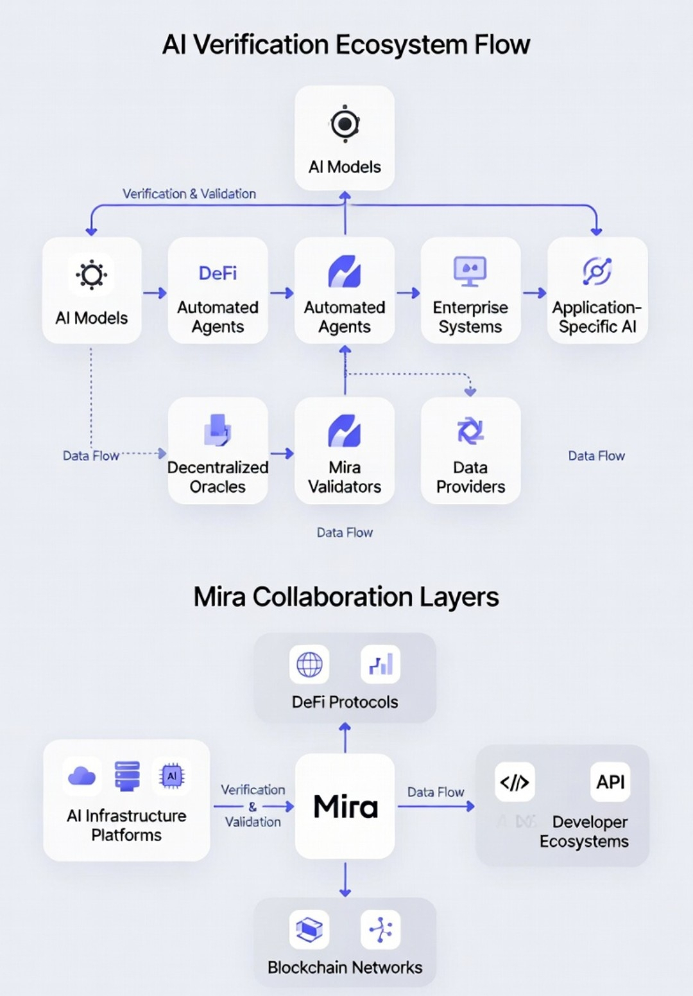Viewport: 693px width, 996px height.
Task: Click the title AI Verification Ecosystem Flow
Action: coord(346,45)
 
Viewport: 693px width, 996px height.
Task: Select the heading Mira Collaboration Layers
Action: coord(346,597)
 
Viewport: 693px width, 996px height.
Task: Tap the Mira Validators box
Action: coord(345,450)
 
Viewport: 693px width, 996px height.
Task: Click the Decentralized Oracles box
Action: coord(218,450)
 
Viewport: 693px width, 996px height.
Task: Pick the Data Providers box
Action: coord(470,450)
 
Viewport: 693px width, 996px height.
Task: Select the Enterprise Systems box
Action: coord(470,290)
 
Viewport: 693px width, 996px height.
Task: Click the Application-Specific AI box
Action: coord(597,290)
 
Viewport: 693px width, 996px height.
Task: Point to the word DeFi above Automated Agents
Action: coord(218,274)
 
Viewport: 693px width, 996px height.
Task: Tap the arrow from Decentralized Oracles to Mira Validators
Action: coord(282,453)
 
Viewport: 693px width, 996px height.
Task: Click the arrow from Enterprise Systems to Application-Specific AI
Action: coord(535,293)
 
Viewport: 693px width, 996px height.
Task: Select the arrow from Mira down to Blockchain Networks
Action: coord(345,879)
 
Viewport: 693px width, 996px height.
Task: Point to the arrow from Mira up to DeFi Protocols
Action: coord(345,737)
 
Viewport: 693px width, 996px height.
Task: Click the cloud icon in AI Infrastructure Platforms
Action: coord(81,776)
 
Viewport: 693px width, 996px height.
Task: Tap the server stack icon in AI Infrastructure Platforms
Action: coord(127,776)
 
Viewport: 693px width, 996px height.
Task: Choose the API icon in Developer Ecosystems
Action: coord(610,782)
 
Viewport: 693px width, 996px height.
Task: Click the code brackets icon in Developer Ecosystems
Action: coord(515,782)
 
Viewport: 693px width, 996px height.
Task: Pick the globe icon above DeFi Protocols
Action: coord(309,665)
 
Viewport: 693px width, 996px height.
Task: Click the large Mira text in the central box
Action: coord(345,807)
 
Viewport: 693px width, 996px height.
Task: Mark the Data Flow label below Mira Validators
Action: coord(345,532)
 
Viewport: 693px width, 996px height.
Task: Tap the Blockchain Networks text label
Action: coord(345,967)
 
